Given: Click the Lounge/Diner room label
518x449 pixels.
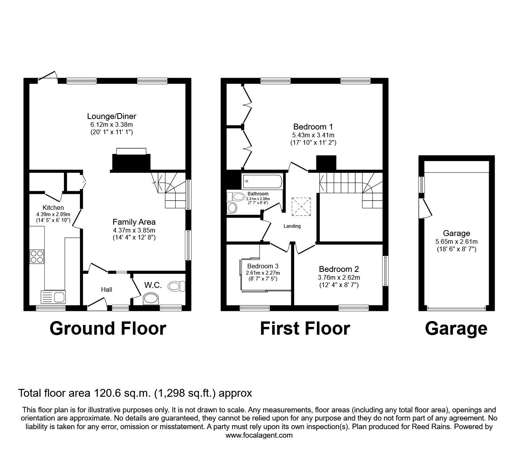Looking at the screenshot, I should (112, 116).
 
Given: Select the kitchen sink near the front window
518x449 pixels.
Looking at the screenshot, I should (53, 298).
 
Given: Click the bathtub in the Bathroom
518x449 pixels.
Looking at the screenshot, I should (261, 182).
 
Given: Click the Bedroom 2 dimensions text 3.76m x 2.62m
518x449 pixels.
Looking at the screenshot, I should (339, 277).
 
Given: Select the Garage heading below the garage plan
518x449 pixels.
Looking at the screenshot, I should (456, 328).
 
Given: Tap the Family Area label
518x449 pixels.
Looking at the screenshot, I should (134, 222).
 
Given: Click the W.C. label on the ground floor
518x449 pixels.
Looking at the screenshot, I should (153, 285).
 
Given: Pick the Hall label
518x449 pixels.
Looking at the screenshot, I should (106, 289).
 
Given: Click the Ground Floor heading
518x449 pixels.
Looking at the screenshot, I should (108, 328).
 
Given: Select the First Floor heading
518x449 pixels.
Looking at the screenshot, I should (305, 328).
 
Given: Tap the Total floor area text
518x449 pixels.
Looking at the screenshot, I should (135, 393).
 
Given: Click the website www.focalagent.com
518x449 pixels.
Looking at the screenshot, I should (259, 435).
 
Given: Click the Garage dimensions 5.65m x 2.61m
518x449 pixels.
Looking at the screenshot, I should (456, 241).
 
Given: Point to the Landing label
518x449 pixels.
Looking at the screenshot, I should (292, 226).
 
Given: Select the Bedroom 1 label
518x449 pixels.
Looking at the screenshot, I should (313, 127).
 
